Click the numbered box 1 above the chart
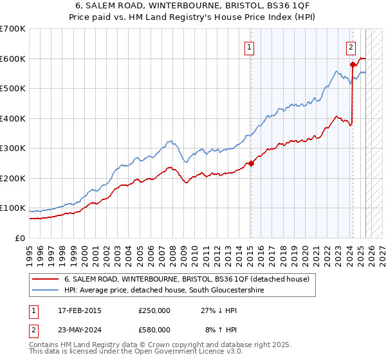coord(248,46)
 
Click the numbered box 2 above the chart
coord(351,46)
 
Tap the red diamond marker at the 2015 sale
coord(251,163)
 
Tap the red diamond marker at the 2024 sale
coord(353,64)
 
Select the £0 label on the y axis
coord(20,238)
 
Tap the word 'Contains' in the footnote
coord(44,345)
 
